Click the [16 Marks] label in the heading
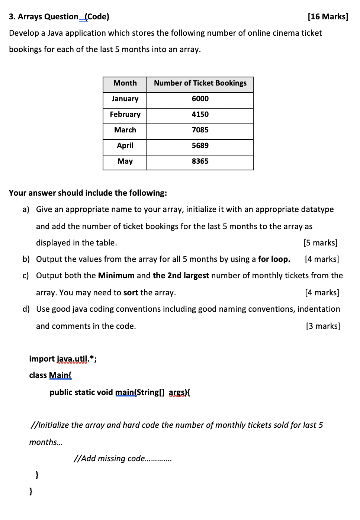[328, 17]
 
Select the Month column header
[125, 83]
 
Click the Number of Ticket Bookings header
[200, 83]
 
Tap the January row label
[125, 99]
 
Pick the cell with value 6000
[200, 99]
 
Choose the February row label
[125, 115]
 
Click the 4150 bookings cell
[200, 115]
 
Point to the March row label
[125, 130]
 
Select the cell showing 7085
[200, 130]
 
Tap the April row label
[125, 146]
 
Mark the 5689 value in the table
[200, 146]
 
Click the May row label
[125, 161]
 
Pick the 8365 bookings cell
[200, 161]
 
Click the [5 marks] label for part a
[320, 243]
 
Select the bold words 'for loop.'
[274, 259]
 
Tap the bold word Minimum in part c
[116, 276]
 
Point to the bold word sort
[131, 293]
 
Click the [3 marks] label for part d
[322, 326]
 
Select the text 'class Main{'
[50, 375]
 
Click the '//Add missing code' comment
[122, 459]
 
